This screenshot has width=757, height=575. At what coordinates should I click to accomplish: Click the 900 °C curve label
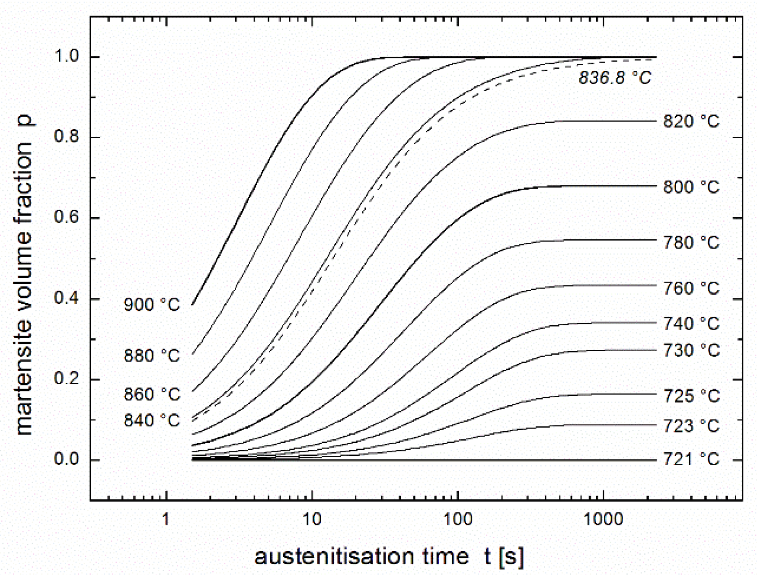152,305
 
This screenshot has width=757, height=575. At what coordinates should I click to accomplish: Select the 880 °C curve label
152,356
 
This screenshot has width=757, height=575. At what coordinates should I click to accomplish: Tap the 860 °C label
152,394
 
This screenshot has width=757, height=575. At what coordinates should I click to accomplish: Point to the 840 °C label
152,420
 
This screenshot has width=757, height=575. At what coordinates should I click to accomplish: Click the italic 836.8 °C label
615,78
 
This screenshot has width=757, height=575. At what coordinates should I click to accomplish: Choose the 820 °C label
691,121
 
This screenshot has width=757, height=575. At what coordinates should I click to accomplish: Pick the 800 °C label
691,187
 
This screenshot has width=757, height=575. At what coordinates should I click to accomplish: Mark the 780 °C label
691,242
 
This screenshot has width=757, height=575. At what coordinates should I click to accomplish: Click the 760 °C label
691,288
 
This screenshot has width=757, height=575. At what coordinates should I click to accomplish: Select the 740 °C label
691,324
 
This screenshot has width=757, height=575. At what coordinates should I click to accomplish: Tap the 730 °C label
691,350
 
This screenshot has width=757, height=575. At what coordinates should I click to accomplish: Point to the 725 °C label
691,396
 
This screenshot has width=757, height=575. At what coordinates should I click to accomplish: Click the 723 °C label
691,426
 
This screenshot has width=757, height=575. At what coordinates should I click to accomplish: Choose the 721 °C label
691,459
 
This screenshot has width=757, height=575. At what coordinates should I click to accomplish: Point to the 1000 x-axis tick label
604,519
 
